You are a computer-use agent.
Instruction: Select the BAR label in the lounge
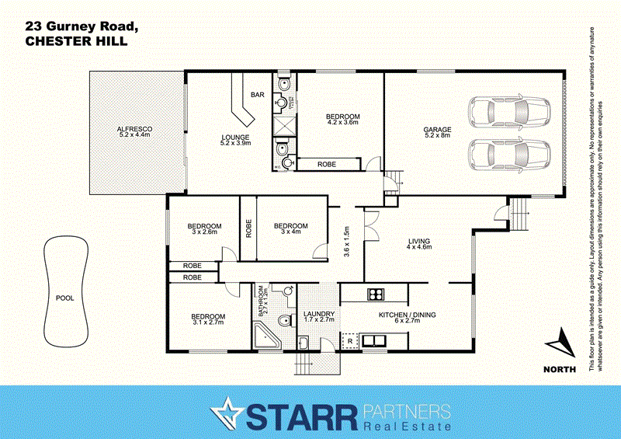coord(257,95)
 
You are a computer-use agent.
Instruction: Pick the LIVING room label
coord(418,244)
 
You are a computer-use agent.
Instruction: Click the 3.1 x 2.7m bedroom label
coord(208,319)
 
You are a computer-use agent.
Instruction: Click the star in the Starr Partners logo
coord(230,412)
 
